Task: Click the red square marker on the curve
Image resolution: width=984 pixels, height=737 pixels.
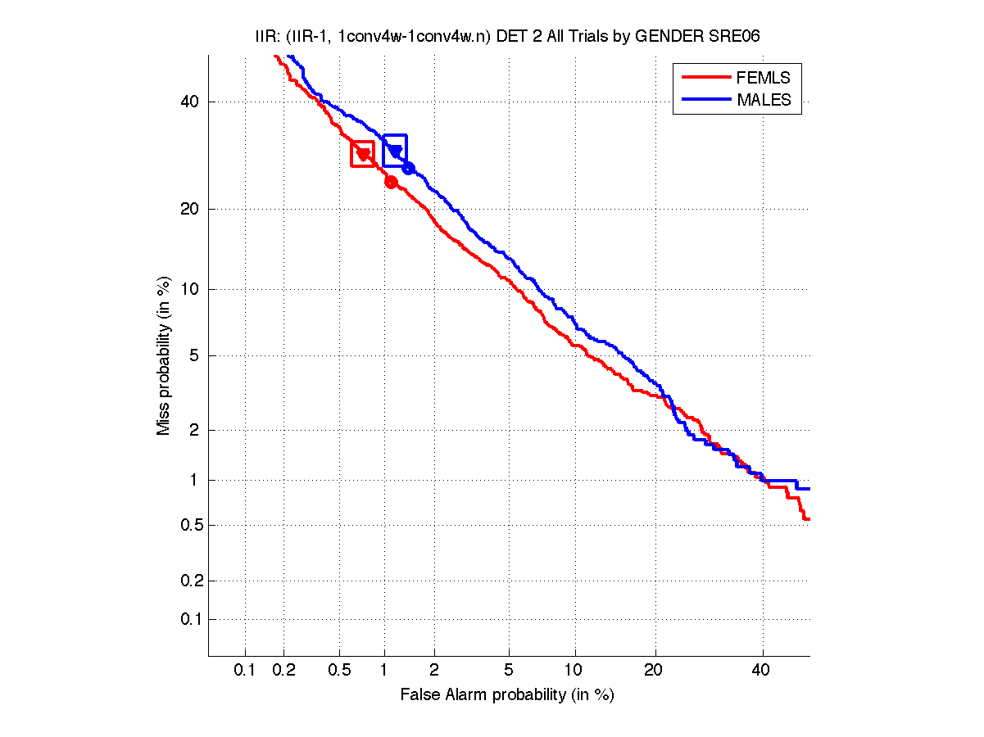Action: pos(362,154)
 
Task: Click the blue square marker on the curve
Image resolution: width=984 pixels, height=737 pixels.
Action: pos(395,150)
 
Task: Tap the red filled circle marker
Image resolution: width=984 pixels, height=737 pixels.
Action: pos(391,182)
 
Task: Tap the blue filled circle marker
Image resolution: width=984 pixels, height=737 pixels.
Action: pos(408,168)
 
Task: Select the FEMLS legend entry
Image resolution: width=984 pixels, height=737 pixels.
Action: pos(764,78)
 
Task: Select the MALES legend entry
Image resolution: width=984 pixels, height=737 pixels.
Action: pos(764,100)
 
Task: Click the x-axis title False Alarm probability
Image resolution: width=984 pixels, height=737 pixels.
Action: pos(507,695)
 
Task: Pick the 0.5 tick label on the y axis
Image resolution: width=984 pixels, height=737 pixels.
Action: pos(190,525)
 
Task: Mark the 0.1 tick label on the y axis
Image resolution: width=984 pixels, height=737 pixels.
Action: pos(190,619)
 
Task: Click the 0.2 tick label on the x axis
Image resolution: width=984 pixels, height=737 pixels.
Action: pos(283,670)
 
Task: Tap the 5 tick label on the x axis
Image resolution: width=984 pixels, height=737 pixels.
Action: pos(509,670)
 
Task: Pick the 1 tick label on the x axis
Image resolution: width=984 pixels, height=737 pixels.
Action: pos(384,670)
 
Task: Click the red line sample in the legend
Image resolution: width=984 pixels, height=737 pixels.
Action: pos(705,78)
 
